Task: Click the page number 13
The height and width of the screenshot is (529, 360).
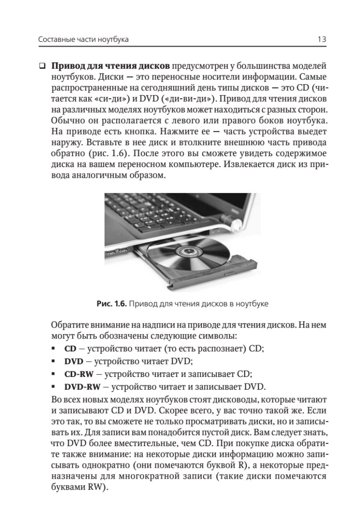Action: [x=321, y=40]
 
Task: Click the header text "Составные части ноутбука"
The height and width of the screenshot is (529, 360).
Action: [x=83, y=40]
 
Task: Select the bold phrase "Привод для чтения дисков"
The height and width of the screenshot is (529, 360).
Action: [x=111, y=67]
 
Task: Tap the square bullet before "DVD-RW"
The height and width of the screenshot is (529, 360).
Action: [x=53, y=387]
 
